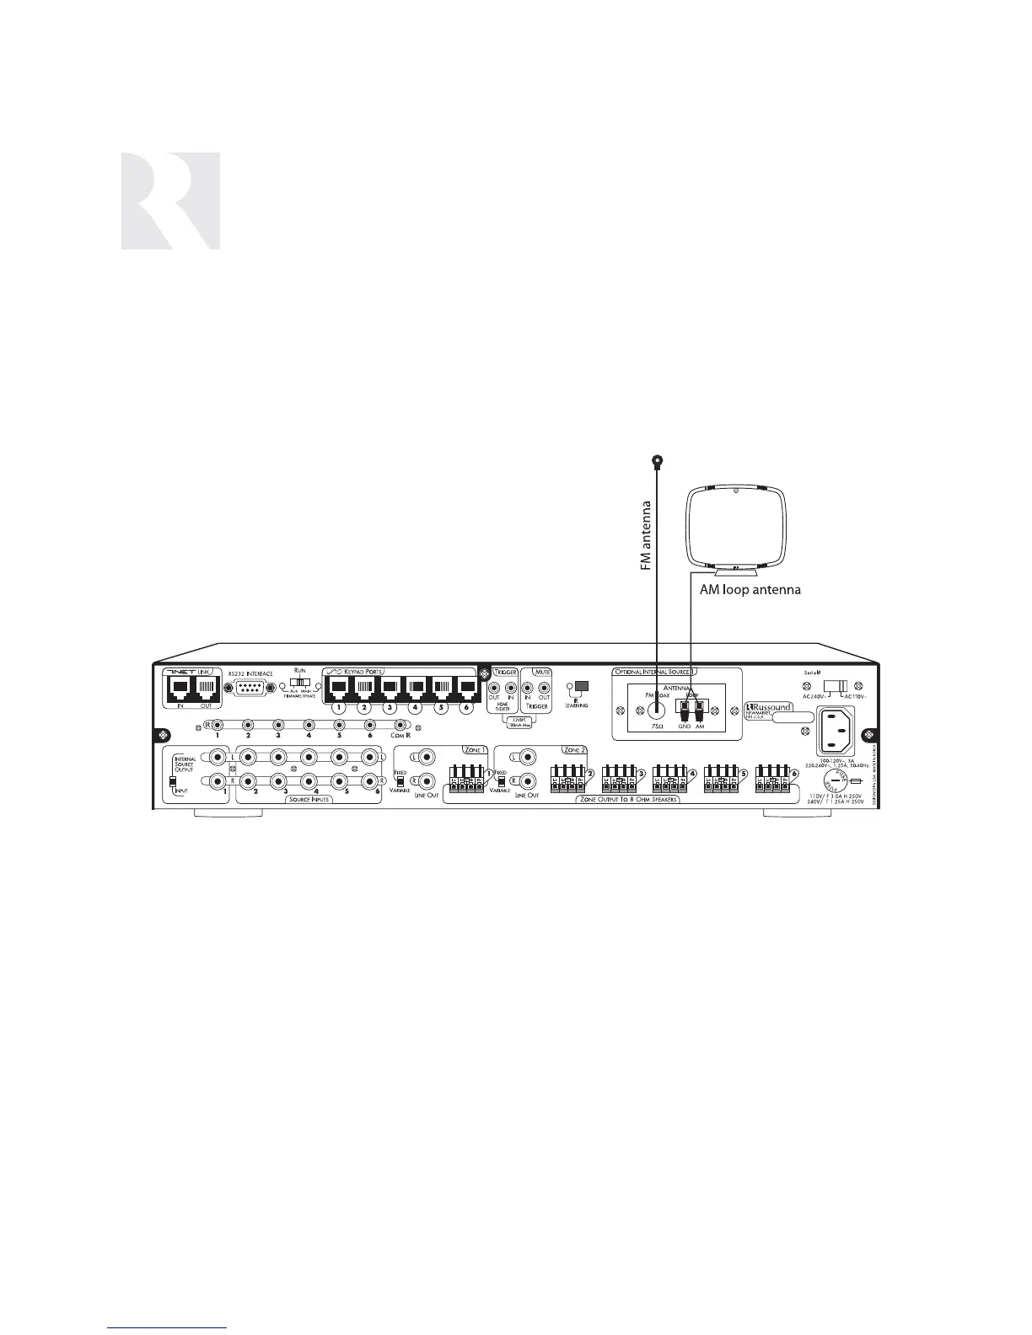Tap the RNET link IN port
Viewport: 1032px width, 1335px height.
(181, 688)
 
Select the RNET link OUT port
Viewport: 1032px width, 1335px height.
(207, 688)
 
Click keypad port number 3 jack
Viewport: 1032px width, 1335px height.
(390, 688)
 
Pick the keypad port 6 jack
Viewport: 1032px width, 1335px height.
(465, 688)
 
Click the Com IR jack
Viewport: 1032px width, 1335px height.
(400, 725)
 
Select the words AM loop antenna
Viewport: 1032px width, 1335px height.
(750, 590)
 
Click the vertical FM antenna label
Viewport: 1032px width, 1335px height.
(647, 537)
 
